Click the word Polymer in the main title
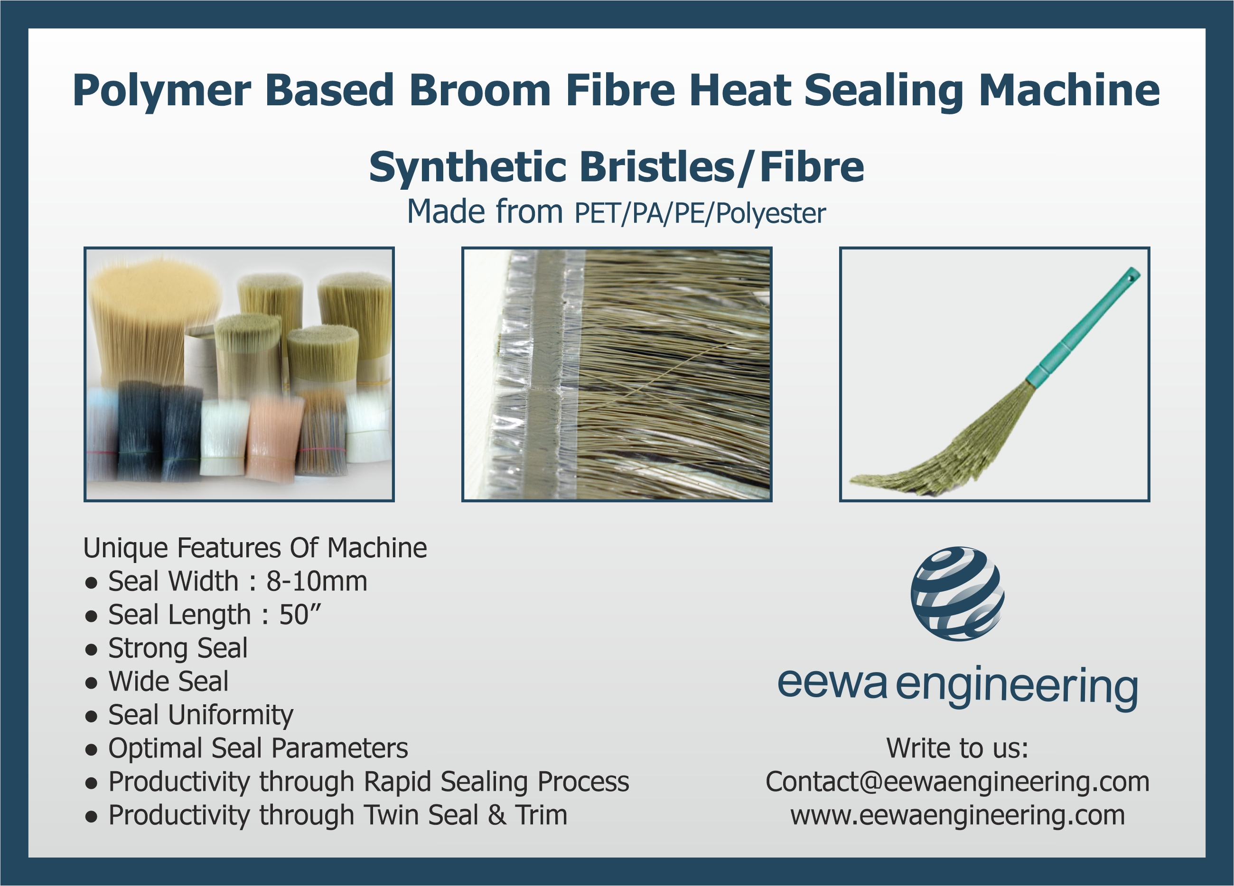[162, 92]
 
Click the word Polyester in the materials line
[770, 213]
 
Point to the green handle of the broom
[1083, 326]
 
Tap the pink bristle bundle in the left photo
[274, 438]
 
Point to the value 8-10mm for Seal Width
[317, 581]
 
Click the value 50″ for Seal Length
[300, 615]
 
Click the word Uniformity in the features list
[231, 715]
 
